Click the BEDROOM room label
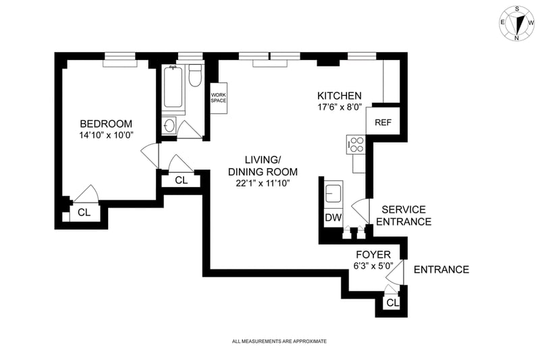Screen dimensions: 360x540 pyautogui.click(x=106, y=124)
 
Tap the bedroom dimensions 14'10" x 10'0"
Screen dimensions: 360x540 pyautogui.click(x=106, y=135)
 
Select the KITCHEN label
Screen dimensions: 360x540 pyautogui.click(x=340, y=95)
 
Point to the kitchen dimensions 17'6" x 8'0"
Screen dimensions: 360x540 pyautogui.click(x=340, y=107)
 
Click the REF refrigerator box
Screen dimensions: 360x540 pyautogui.click(x=383, y=122)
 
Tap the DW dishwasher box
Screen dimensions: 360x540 pyautogui.click(x=333, y=217)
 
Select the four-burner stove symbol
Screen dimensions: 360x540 pyautogui.click(x=355, y=144)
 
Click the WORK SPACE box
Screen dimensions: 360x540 pyautogui.click(x=218, y=98)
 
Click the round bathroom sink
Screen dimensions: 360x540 pyautogui.click(x=169, y=126)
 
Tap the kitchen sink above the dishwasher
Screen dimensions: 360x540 pyautogui.click(x=333, y=193)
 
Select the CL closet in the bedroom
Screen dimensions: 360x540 pyautogui.click(x=84, y=212)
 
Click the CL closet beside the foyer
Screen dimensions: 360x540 pyautogui.click(x=392, y=303)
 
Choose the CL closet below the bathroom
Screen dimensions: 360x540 pyautogui.click(x=181, y=180)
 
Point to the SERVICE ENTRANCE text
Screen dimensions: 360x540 pyautogui.click(x=403, y=215)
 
